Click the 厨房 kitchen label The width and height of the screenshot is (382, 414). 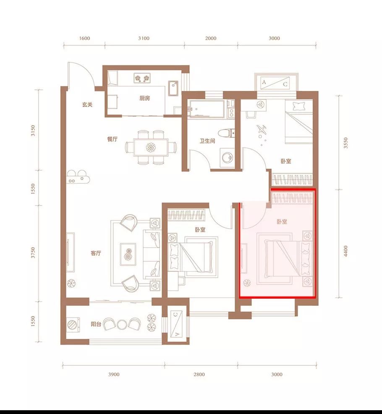[144, 98]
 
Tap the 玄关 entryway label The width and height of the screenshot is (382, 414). [87, 104]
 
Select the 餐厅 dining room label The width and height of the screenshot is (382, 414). [112, 139]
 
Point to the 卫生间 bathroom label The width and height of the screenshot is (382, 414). [207, 141]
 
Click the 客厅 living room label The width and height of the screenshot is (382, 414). [96, 253]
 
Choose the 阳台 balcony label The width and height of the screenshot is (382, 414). [96, 324]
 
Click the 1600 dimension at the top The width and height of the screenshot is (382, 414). [84, 38]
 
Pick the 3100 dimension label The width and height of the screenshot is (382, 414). [144, 38]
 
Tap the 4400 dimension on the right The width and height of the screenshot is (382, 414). [346, 251]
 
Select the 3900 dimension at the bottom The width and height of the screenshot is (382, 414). [114, 374]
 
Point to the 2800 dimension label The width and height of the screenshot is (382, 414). [199, 374]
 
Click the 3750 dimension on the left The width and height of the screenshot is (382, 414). [33, 253]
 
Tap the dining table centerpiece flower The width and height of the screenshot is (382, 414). [151, 147]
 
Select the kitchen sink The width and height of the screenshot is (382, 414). [173, 88]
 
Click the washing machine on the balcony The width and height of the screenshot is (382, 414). [72, 324]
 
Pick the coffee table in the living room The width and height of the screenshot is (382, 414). [128, 254]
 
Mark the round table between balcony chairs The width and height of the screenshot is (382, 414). [121, 325]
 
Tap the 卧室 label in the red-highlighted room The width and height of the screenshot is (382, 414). [282, 222]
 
